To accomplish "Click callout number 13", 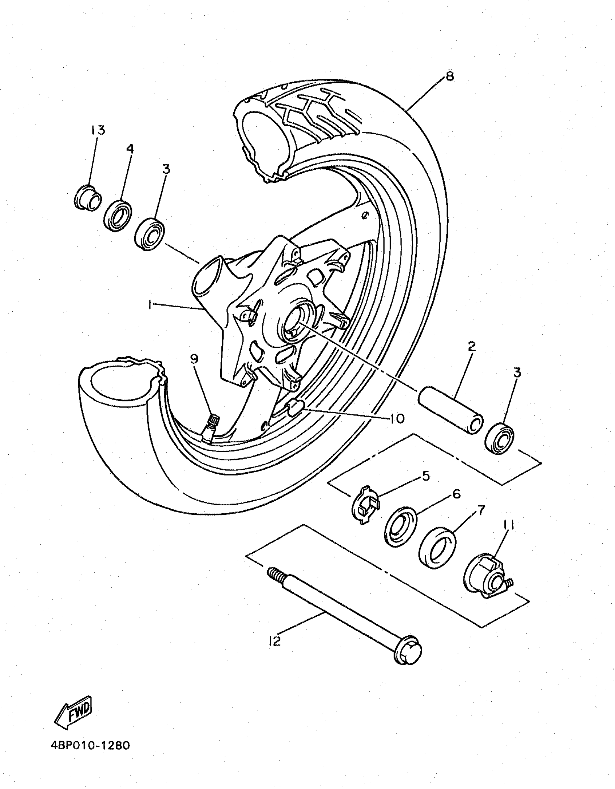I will (98, 130).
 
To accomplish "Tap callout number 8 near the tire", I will (449, 76).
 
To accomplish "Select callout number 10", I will (397, 419).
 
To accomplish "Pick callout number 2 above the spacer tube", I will (471, 346).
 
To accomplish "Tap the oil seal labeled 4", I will (118, 216).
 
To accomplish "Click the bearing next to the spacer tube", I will (499, 439).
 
